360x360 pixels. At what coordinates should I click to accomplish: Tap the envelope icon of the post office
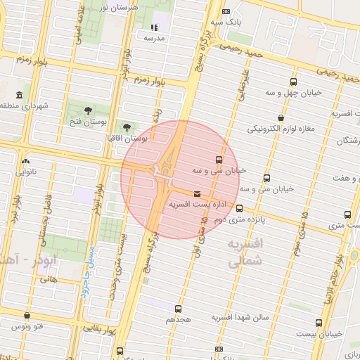point(196,194)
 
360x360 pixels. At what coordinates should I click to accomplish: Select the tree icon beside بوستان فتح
point(87,110)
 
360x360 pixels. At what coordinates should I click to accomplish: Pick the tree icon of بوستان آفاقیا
point(127,127)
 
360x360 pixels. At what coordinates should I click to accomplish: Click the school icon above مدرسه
point(153,27)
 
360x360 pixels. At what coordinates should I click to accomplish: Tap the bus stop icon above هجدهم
point(179,308)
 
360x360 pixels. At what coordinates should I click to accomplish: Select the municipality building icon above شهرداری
point(18,95)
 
